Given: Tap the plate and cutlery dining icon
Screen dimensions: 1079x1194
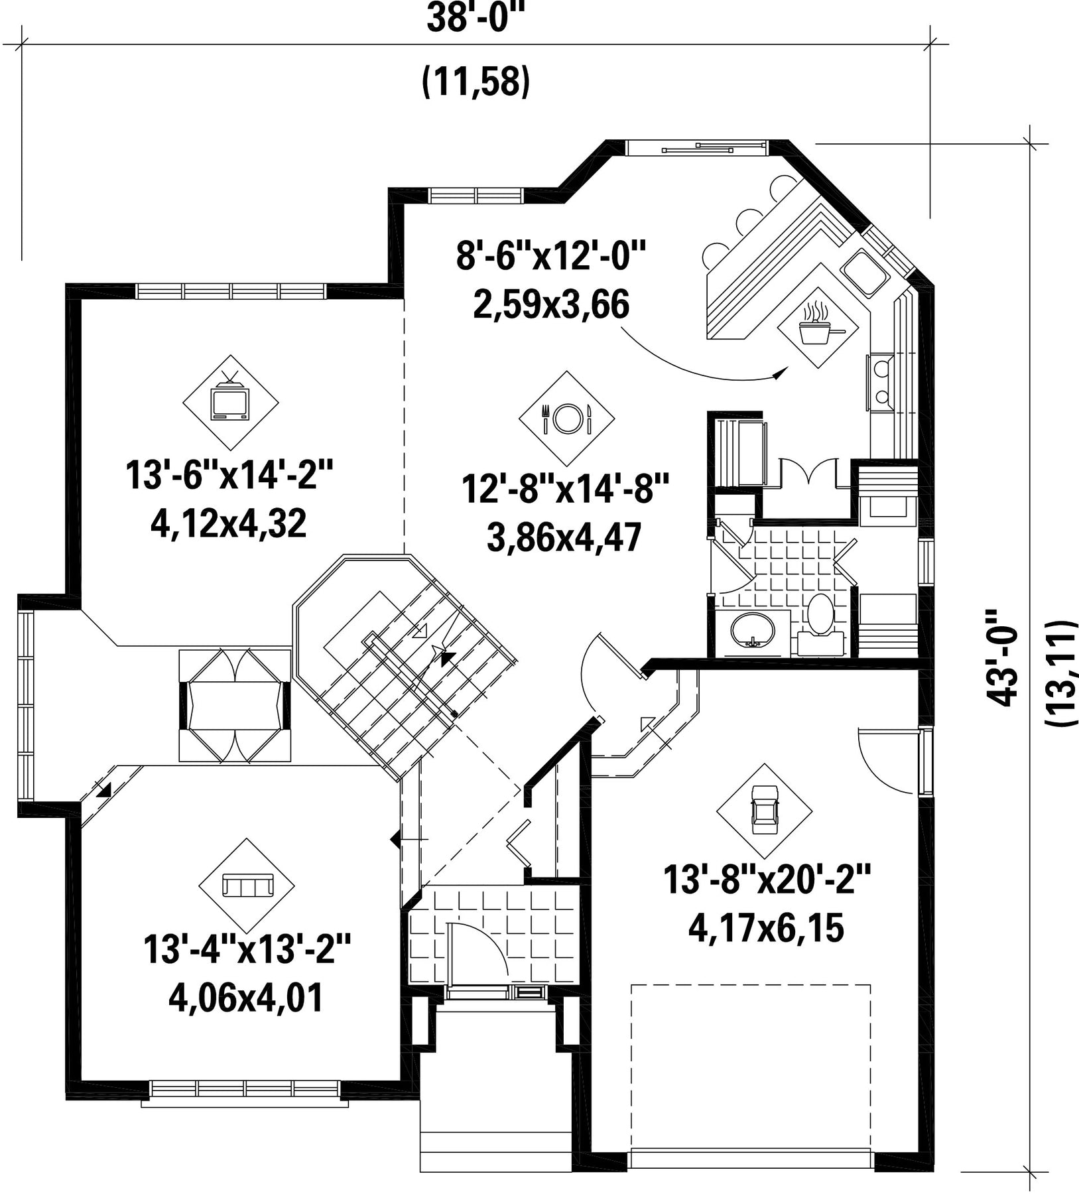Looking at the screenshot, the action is (x=566, y=418).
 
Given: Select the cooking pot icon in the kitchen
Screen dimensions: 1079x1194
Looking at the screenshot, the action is (x=822, y=325).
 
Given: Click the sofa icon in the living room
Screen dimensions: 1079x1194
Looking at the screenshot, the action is (x=247, y=885).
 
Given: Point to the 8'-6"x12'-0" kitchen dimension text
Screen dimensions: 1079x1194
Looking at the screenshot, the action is (x=551, y=255).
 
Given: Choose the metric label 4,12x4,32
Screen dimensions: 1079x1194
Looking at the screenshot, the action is (x=229, y=524).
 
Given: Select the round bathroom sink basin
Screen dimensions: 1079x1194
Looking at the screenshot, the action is (x=752, y=630).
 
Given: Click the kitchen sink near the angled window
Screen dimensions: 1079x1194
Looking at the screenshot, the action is (x=864, y=273).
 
